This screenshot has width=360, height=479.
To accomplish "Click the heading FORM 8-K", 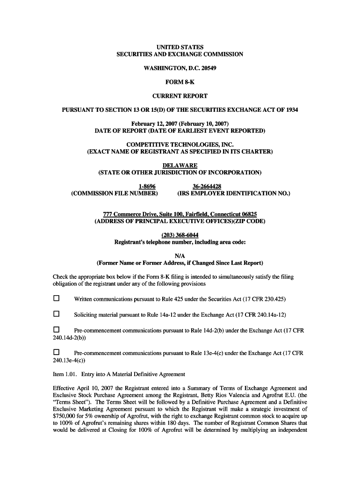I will click(180, 82).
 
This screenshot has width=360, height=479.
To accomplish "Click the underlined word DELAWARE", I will click(180, 166).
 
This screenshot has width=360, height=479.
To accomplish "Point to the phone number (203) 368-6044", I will click(180, 235).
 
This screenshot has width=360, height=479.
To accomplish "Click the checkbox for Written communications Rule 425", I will click(57, 298).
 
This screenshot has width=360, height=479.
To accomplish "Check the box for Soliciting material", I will click(57, 314).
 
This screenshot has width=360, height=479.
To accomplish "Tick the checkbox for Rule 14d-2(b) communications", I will click(57, 330).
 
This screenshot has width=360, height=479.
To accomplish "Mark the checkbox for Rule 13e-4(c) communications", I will click(57, 352).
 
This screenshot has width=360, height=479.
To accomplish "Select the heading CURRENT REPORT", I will click(180, 96).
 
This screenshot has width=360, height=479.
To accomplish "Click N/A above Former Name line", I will click(180, 255).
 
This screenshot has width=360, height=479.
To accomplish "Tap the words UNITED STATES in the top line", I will click(180, 47).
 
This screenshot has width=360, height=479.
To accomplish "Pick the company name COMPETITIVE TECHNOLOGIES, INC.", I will click(180, 145).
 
